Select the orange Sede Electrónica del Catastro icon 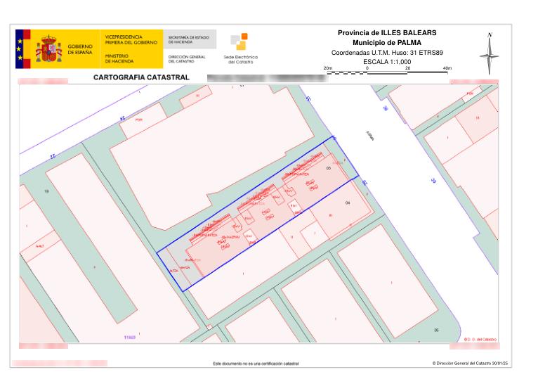point(239,41)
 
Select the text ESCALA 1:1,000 point(387,62)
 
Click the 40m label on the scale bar point(447,68)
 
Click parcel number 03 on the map point(327,169)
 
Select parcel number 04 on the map point(347,203)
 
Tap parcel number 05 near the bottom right point(435,330)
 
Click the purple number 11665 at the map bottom point(129,338)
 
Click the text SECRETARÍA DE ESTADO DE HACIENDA point(188,39)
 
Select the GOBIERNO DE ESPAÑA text point(80,49)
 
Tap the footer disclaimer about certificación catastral point(261,364)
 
